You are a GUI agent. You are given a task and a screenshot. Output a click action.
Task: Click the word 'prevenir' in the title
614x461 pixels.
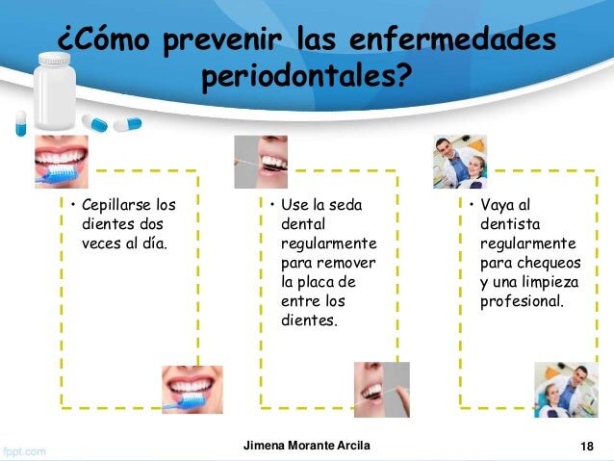[x=222, y=40]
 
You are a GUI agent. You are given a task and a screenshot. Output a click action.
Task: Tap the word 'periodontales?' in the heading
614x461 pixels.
[x=306, y=76]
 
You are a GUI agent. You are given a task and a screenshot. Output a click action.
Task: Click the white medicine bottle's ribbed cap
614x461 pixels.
[x=55, y=59]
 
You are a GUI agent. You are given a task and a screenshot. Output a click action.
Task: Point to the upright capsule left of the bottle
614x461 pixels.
[x=21, y=123]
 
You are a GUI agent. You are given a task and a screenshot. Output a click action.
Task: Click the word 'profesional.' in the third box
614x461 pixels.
[x=522, y=302]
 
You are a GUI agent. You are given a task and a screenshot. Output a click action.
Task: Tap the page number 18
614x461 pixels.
[x=587, y=447]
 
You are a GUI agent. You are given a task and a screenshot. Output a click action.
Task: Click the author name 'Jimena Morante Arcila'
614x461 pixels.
[x=307, y=446]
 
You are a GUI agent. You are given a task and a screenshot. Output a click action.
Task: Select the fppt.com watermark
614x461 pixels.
[x=24, y=451]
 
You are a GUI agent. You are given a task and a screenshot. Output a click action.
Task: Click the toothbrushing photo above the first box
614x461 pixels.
[x=62, y=162]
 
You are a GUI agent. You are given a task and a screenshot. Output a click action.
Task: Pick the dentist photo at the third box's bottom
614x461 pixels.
[x=566, y=390]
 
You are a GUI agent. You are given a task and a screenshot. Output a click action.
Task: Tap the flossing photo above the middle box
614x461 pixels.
[x=261, y=162]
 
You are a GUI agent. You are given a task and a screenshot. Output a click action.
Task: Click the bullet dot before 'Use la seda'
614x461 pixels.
[x=272, y=204]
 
